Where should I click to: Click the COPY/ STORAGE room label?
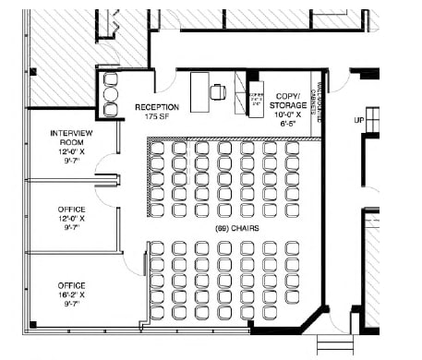[x=289, y=101]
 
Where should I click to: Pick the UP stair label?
[x=360, y=120]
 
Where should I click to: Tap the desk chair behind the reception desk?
[x=219, y=90]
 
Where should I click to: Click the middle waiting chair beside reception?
[x=111, y=94]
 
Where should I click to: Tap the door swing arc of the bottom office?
[x=139, y=255]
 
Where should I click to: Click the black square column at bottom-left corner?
[x=31, y=324]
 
